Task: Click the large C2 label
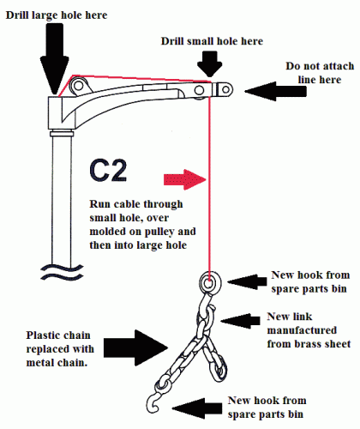click(108, 171)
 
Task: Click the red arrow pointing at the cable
click(185, 179)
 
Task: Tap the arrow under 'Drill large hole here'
click(54, 58)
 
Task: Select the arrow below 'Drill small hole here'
click(210, 64)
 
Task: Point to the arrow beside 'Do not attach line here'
click(276, 92)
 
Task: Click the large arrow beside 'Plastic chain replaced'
click(135, 347)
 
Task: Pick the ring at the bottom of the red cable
click(210, 282)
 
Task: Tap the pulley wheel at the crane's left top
click(78, 86)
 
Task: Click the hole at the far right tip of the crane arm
click(225, 90)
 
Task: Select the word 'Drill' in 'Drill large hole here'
click(18, 15)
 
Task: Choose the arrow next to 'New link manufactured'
click(240, 321)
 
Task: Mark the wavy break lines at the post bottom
click(62, 272)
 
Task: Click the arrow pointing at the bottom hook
click(197, 408)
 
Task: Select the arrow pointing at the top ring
click(247, 281)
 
